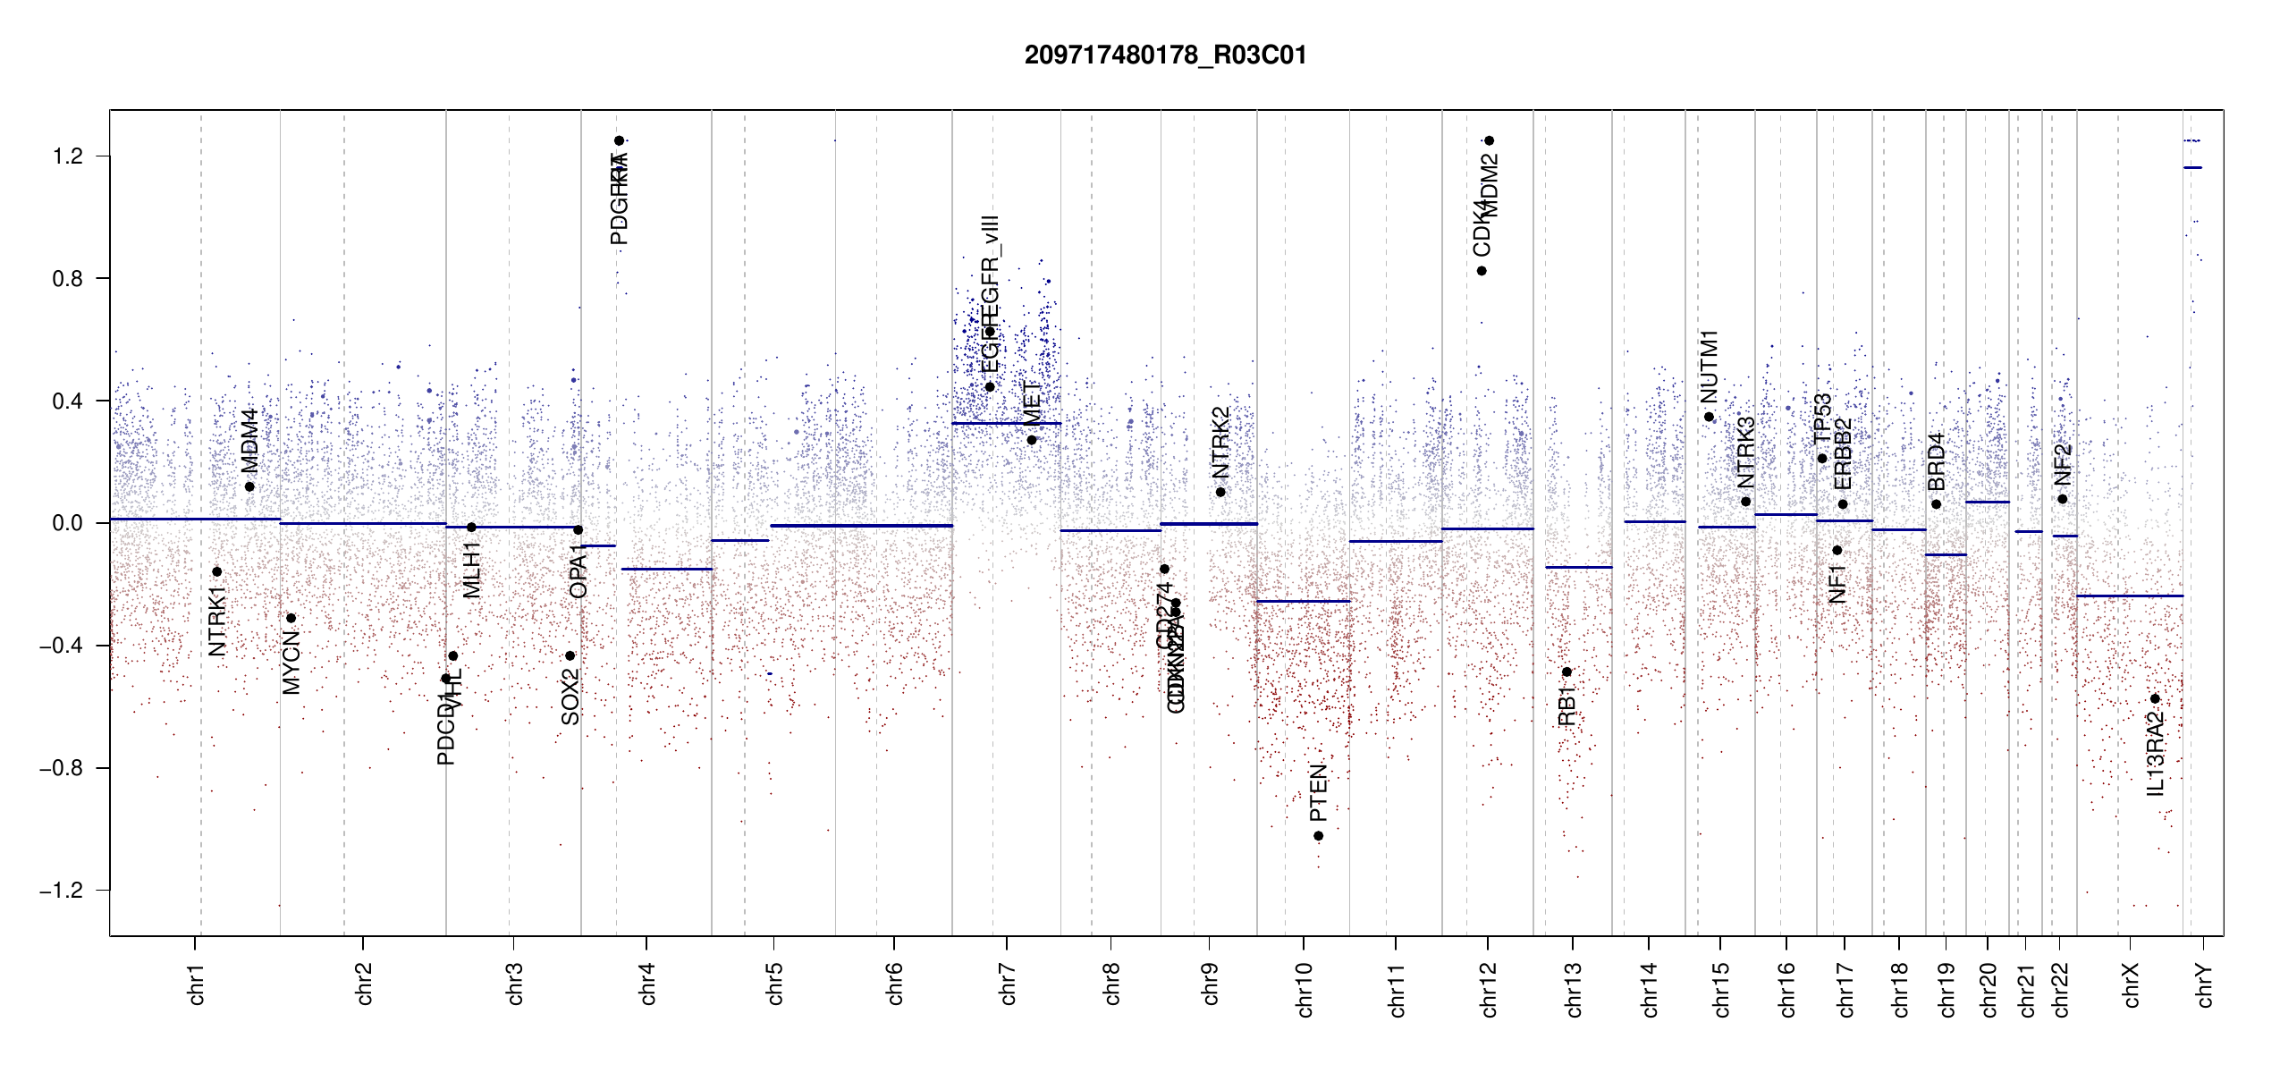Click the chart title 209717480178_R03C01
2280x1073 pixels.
coord(1165,55)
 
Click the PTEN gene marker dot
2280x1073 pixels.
coord(1318,836)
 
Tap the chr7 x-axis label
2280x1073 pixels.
coord(1008,984)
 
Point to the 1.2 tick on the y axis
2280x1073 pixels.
coord(67,156)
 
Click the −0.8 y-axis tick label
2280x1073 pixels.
coord(62,768)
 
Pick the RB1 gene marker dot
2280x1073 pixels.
coord(1566,672)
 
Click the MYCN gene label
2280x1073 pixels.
coord(291,662)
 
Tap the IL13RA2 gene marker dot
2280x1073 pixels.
coord(2155,699)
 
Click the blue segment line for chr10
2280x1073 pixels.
coord(1303,601)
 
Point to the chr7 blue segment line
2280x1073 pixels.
coord(1006,423)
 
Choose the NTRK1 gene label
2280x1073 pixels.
coord(217,621)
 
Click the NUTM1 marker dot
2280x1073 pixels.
coord(1710,417)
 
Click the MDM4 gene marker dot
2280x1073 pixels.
coord(249,486)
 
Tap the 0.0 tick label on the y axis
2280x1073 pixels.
coord(67,523)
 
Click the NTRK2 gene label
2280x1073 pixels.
coord(1220,443)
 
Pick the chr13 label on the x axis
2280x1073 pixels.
coord(1574,989)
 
